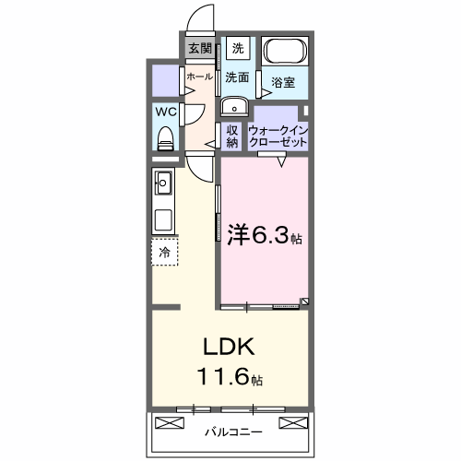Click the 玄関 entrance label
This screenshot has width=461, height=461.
(x=200, y=49)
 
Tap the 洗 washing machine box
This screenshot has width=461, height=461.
(x=238, y=48)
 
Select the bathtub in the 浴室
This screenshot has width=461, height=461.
(x=284, y=53)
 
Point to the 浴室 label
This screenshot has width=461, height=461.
(x=283, y=83)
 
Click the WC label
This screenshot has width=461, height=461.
(x=166, y=112)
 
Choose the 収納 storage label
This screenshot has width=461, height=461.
(x=232, y=136)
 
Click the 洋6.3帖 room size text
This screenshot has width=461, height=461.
(x=264, y=235)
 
